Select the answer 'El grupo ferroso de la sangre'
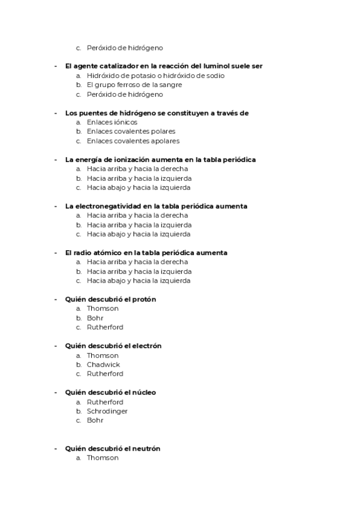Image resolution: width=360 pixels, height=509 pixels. (x=134, y=85)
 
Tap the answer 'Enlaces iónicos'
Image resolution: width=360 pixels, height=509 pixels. (x=112, y=122)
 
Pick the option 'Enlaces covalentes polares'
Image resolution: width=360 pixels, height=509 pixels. (x=131, y=131)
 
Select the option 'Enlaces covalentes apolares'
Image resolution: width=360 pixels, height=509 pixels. (x=133, y=140)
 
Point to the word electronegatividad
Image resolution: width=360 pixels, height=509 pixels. (x=104, y=206)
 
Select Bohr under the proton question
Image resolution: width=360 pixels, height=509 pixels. (x=95, y=318)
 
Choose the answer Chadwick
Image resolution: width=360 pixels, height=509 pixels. (x=103, y=364)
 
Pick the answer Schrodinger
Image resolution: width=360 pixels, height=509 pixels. (x=107, y=411)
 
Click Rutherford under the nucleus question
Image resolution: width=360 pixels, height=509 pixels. (x=105, y=402)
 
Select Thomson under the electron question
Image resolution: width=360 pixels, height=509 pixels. (x=103, y=355)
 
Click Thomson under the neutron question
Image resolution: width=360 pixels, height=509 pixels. (x=103, y=458)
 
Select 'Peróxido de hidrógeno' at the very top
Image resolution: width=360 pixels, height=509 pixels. (x=124, y=48)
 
